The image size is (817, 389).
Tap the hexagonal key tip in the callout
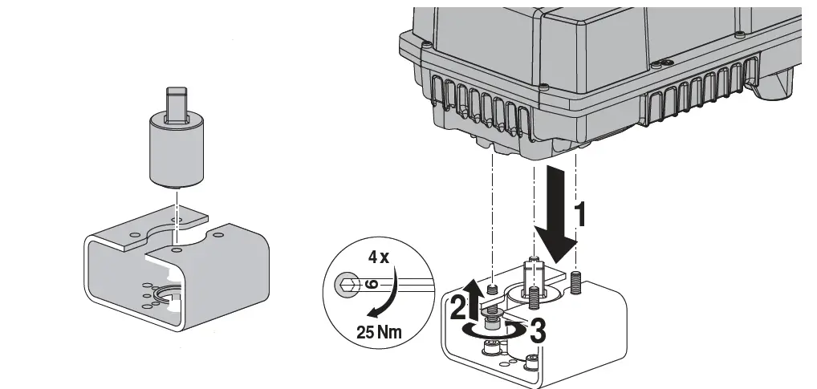point(346,284)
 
